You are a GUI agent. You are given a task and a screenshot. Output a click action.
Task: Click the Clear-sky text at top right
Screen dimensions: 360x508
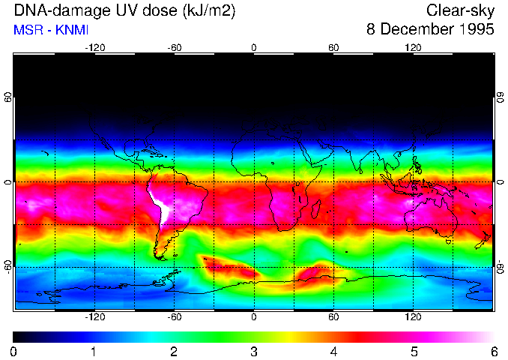[460, 11]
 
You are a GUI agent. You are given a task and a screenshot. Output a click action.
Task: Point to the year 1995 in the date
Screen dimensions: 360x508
[476, 30]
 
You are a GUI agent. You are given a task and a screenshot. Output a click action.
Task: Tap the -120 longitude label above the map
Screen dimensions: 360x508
[94, 47]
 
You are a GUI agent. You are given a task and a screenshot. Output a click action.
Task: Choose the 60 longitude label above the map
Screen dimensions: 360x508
[333, 47]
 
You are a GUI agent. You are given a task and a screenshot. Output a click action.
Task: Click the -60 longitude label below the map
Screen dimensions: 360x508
[174, 316]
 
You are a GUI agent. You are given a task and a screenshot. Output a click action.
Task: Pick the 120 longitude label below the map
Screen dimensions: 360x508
[414, 316]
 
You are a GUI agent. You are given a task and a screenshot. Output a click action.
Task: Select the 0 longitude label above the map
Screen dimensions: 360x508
[254, 47]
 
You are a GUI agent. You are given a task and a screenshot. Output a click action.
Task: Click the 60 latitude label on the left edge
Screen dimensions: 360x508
[7, 98]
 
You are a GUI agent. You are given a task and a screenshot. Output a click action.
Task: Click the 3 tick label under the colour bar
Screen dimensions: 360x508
[254, 352]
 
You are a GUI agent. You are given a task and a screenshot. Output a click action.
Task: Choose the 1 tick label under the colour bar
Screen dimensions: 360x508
[94, 352]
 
